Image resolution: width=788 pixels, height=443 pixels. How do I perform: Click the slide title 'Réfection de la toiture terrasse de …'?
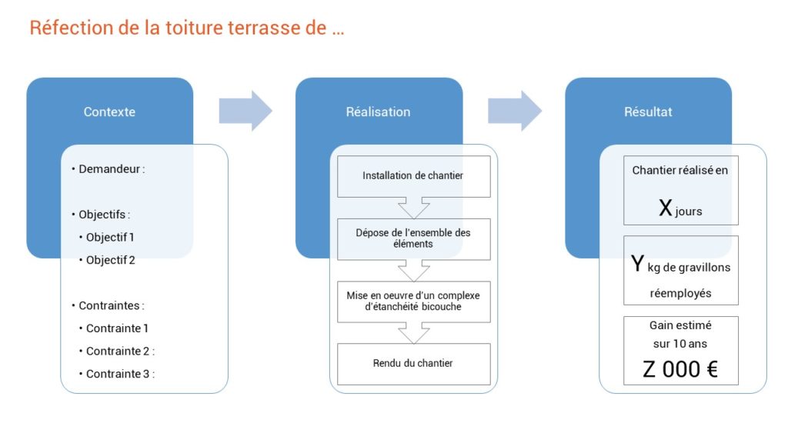click(x=187, y=28)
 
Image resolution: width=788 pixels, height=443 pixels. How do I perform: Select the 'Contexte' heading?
click(x=109, y=112)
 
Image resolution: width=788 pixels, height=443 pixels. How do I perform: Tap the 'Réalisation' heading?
click(x=378, y=112)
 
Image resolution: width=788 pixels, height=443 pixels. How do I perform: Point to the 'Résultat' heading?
click(x=648, y=112)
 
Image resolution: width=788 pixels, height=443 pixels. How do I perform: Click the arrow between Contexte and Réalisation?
click(x=245, y=111)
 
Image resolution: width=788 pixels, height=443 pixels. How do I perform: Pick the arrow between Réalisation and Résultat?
click(x=515, y=111)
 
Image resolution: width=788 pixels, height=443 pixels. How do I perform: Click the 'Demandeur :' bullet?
click(x=109, y=169)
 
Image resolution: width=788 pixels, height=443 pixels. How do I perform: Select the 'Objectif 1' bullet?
click(x=106, y=237)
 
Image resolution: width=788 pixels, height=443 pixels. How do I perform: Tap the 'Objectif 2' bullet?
click(x=107, y=260)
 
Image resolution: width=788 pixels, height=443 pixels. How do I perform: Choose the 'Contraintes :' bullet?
click(x=108, y=305)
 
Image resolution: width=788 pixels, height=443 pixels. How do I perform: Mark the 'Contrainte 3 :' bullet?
click(x=117, y=374)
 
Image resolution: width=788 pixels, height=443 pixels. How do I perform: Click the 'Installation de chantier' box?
click(x=413, y=176)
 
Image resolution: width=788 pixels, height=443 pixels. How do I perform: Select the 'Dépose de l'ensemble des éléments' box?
click(x=413, y=239)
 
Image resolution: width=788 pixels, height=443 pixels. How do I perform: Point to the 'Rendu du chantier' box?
click(x=413, y=364)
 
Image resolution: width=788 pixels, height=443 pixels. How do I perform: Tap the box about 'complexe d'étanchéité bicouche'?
click(x=413, y=301)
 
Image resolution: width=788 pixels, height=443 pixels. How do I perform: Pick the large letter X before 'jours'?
click(x=666, y=208)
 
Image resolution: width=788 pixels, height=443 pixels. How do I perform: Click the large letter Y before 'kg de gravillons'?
click(x=637, y=263)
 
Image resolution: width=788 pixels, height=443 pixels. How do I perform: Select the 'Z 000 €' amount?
click(x=680, y=370)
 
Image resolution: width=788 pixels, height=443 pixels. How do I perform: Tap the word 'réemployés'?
click(x=680, y=293)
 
